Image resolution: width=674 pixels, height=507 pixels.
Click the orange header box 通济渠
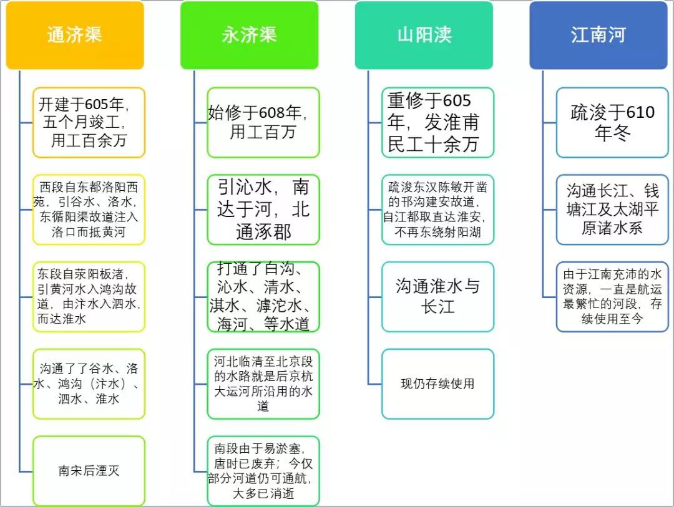[x=75, y=35]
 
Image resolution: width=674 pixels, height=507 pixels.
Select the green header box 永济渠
[x=249, y=35]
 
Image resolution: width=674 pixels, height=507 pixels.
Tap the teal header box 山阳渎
[x=424, y=35]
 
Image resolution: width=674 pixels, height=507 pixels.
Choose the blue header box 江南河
[x=598, y=35]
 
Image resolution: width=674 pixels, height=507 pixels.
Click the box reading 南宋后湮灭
[x=89, y=471]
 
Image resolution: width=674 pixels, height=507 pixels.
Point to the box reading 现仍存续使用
[x=437, y=384]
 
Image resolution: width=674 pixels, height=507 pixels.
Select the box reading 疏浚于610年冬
[x=612, y=122]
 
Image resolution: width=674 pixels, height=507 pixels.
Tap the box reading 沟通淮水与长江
[x=437, y=296]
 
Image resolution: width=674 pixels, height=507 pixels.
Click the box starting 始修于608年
[x=263, y=122]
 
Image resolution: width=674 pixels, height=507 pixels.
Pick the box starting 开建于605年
[x=89, y=122]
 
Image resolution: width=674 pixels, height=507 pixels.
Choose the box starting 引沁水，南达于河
[x=263, y=210]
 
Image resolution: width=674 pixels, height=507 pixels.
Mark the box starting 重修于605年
[x=437, y=122]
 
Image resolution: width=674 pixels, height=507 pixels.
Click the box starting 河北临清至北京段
[x=263, y=384]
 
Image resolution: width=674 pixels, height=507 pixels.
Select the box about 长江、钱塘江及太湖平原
[x=612, y=210]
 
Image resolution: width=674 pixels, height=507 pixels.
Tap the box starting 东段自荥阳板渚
[x=89, y=296]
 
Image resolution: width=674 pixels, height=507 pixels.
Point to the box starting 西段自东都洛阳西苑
[x=89, y=210]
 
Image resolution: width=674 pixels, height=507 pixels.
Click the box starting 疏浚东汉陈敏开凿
[x=437, y=210]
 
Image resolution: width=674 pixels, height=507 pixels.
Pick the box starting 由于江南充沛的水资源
[x=612, y=296]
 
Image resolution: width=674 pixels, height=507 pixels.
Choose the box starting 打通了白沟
[x=263, y=296]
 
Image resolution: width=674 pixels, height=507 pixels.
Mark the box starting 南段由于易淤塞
[x=263, y=471]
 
